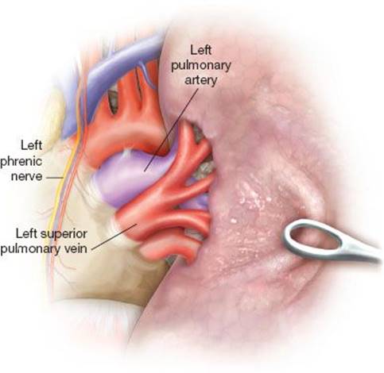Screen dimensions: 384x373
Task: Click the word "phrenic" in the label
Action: click(x=21, y=162)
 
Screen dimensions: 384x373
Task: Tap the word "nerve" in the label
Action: click(x=27, y=176)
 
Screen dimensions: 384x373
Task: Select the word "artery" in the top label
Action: click(x=200, y=80)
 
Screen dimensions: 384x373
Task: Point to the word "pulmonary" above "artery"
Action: click(x=201, y=65)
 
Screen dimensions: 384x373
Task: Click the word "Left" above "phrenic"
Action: click(x=31, y=145)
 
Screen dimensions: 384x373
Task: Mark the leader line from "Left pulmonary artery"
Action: click(x=171, y=130)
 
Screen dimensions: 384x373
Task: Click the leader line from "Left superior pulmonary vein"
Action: click(x=114, y=236)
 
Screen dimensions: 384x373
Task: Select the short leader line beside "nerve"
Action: click(x=54, y=178)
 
